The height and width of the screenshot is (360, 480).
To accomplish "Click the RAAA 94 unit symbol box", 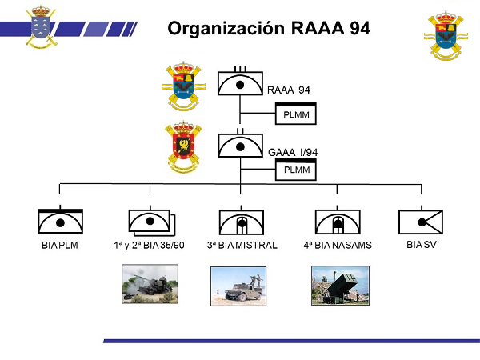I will click(x=241, y=84).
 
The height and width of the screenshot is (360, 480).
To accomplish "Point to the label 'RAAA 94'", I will click(x=289, y=90).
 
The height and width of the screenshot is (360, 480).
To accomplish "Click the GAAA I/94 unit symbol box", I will click(x=241, y=146).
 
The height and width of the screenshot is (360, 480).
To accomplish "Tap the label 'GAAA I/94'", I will click(x=294, y=151).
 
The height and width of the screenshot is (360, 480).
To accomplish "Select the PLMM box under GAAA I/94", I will click(x=296, y=170).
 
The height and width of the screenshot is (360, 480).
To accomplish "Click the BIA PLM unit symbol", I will click(x=61, y=221).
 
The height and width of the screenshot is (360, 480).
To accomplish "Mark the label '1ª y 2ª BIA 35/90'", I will click(x=150, y=245).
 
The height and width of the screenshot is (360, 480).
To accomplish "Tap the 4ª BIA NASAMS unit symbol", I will click(x=338, y=222).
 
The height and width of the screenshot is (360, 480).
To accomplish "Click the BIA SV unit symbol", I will click(x=421, y=221).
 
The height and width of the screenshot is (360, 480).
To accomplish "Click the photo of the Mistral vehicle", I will click(x=238, y=286).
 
